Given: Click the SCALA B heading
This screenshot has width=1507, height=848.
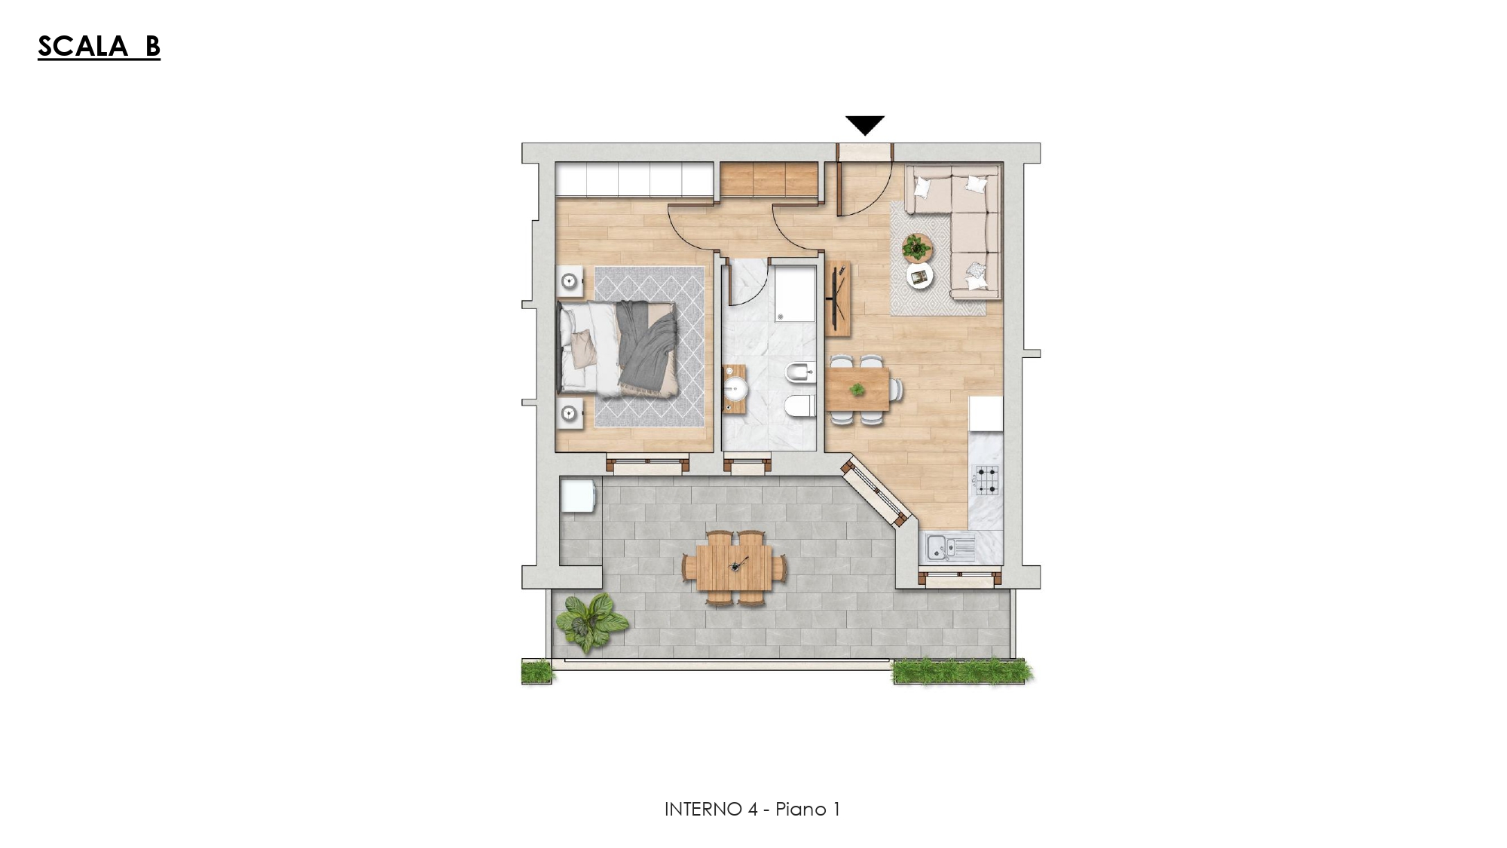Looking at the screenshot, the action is [x=99, y=47].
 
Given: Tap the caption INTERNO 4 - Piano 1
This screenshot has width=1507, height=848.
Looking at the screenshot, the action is [x=752, y=809].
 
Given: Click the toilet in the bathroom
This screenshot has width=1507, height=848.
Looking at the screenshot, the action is [x=800, y=408].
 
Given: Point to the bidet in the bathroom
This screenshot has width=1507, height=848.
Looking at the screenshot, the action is [x=801, y=372].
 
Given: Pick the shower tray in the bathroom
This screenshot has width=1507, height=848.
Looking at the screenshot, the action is [x=795, y=293].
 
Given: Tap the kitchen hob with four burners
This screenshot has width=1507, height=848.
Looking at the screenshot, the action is [x=987, y=479].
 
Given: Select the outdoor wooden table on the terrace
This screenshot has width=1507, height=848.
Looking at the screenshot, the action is [x=735, y=567].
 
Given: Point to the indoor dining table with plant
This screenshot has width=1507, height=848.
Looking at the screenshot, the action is [x=857, y=389].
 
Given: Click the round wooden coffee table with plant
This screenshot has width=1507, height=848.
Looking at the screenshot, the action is [x=917, y=246].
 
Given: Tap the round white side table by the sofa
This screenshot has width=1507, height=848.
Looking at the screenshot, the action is [x=919, y=276].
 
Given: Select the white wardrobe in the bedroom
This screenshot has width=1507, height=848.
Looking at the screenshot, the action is [x=634, y=179].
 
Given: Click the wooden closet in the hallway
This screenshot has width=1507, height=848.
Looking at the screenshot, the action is [x=769, y=179].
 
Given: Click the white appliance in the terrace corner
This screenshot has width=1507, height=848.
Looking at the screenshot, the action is [x=579, y=497].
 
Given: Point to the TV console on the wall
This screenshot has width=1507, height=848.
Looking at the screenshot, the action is [x=838, y=298].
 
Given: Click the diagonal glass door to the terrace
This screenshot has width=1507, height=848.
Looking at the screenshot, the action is [x=877, y=493].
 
